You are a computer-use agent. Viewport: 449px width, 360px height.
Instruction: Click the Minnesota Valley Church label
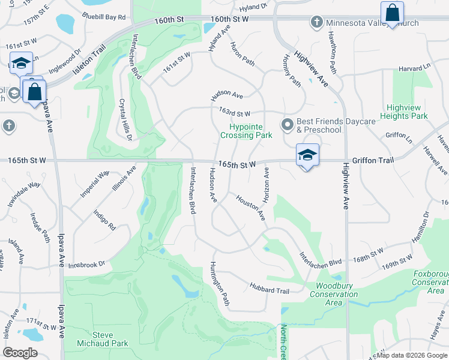[372, 23]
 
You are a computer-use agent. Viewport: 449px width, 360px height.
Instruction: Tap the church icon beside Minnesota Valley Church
[317, 23]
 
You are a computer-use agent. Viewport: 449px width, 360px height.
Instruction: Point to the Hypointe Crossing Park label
[246, 131]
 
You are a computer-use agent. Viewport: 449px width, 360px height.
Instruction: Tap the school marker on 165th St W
[307, 156]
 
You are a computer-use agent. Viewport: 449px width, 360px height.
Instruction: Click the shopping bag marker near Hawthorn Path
[392, 13]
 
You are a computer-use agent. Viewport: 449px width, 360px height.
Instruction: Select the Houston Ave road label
[250, 207]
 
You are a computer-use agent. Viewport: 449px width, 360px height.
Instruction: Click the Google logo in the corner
[20, 353]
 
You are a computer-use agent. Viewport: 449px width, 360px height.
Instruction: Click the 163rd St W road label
[234, 112]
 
